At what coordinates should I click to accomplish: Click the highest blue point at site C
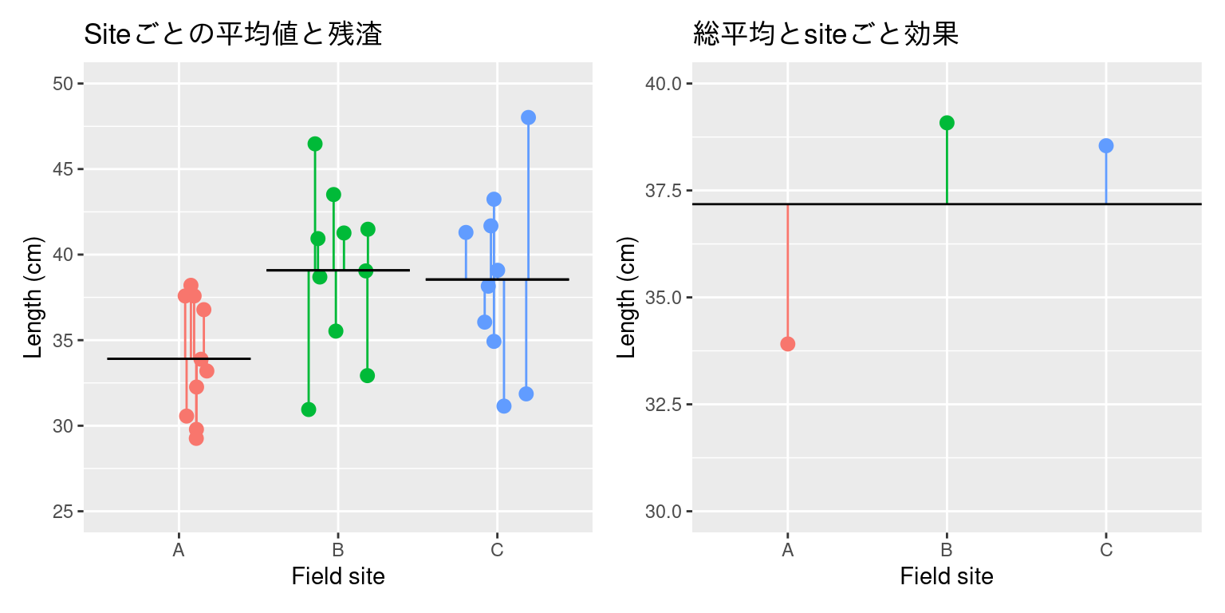[528, 117]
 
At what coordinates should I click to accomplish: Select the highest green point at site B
[315, 144]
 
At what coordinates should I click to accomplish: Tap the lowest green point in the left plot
[309, 409]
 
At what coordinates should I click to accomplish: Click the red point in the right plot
[788, 344]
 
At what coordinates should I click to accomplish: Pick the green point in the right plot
[947, 123]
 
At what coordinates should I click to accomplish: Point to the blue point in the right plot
[1105, 146]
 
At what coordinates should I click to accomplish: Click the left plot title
[233, 34]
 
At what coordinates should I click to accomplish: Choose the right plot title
[825, 34]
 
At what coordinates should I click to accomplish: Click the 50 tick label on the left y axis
[63, 84]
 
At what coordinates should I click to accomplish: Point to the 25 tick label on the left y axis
[63, 511]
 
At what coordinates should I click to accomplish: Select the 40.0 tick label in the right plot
[664, 84]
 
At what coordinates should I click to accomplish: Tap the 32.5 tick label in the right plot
[664, 405]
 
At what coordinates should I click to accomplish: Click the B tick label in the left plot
[338, 550]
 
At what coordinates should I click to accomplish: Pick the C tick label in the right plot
[1105, 550]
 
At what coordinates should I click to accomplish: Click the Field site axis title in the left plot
[338, 576]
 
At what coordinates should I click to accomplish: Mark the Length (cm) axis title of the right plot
[628, 297]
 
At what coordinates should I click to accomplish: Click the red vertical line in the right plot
[788, 271]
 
